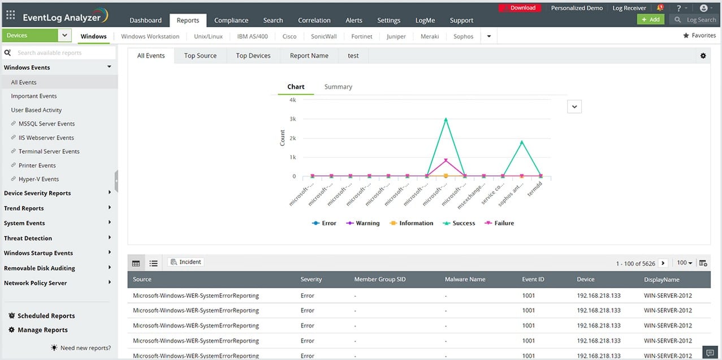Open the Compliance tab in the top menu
tap(231, 20)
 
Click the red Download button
tap(522, 8)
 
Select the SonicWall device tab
tap(323, 36)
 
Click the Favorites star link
tap(699, 36)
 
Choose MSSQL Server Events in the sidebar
tap(46, 124)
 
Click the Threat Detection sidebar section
tap(28, 238)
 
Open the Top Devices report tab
tap(253, 56)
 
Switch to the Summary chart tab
tap(338, 87)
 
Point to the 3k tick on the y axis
tap(292, 119)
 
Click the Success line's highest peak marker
tap(446, 119)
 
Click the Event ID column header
tap(533, 280)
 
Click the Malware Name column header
tap(465, 280)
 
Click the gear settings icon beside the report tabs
tap(703, 56)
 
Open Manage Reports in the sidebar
tap(42, 330)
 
